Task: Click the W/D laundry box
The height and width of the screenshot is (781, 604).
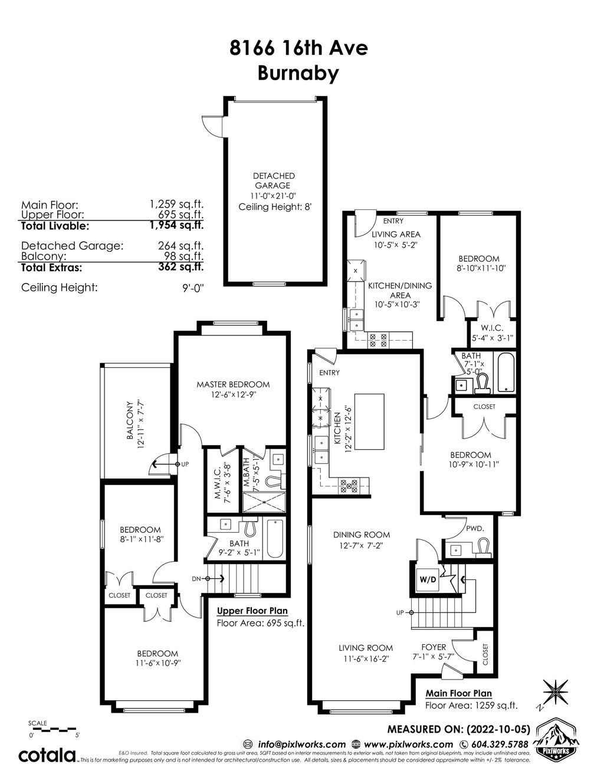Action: click(x=428, y=578)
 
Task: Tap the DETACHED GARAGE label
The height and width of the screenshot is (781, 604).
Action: click(x=274, y=180)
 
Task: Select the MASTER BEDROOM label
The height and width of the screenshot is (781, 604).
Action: click(x=233, y=384)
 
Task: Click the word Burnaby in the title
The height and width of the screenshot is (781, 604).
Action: click(x=298, y=74)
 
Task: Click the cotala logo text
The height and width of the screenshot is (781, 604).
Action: click(x=47, y=755)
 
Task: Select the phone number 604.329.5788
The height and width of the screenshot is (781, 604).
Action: click(x=499, y=744)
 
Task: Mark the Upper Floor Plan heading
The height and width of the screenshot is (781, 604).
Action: click(x=252, y=611)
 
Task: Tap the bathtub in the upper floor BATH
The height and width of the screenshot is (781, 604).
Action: click(x=275, y=539)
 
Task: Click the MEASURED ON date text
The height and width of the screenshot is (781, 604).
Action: click(x=458, y=729)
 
